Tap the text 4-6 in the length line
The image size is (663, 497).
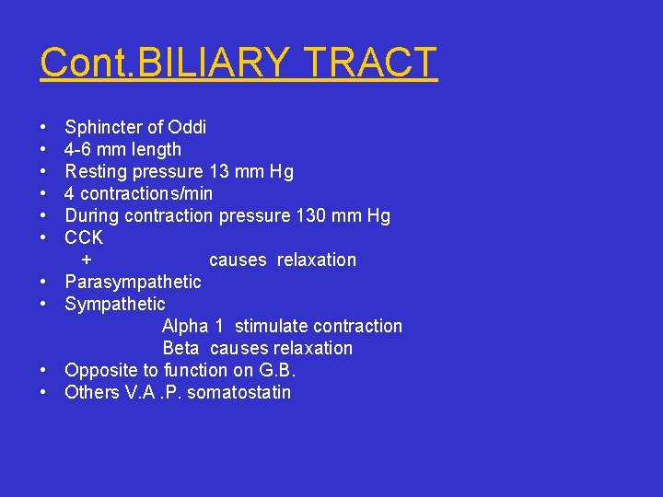tap(80, 149)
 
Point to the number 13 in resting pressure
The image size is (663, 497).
tap(220, 171)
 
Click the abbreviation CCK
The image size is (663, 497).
tap(84, 237)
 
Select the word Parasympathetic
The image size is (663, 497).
tap(133, 282)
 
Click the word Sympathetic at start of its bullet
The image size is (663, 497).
tap(115, 304)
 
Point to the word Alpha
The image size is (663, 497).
tap(186, 326)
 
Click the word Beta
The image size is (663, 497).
tap(180, 348)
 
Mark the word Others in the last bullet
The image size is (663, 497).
tap(91, 392)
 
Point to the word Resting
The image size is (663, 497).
tap(96, 171)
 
